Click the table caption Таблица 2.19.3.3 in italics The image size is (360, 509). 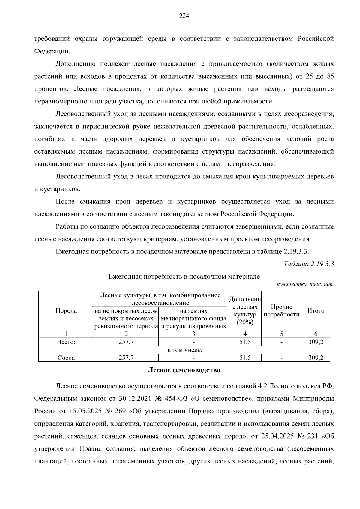(x=309, y=264)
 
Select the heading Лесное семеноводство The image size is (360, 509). (x=184, y=370)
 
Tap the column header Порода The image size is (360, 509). (x=66, y=311)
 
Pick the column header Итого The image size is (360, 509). (x=316, y=311)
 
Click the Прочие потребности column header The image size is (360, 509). (x=281, y=311)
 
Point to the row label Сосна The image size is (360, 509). (x=66, y=358)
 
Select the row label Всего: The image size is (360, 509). (x=66, y=342)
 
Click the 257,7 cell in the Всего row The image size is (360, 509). (x=126, y=342)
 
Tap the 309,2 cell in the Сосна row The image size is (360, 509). (x=316, y=358)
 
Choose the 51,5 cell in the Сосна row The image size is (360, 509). (x=245, y=358)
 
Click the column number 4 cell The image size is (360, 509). (x=245, y=334)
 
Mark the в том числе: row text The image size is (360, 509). (x=184, y=350)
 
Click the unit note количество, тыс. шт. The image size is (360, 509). (x=305, y=284)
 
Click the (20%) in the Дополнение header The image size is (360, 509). (x=245, y=322)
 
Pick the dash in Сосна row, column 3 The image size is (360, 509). (x=193, y=358)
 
